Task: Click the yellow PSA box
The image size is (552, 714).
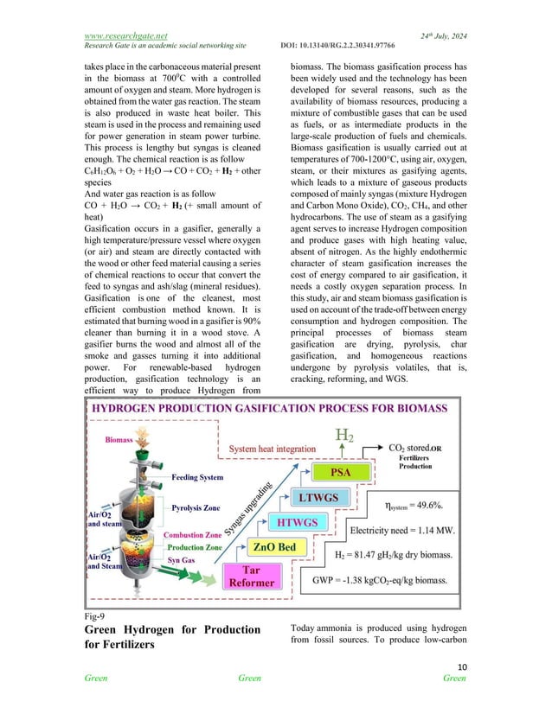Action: pyautogui.click(x=343, y=472)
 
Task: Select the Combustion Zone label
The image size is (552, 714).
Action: pyautogui.click(x=196, y=536)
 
